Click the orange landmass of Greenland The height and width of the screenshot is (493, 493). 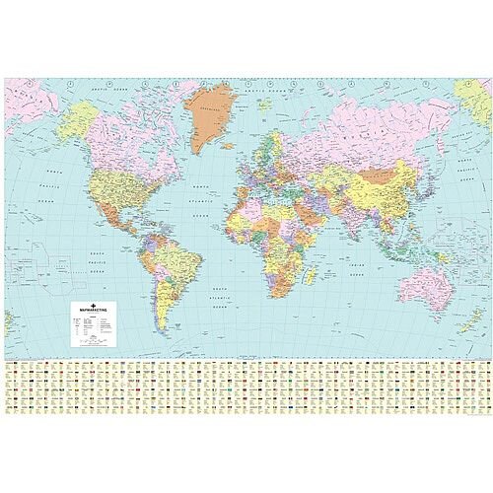208,113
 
